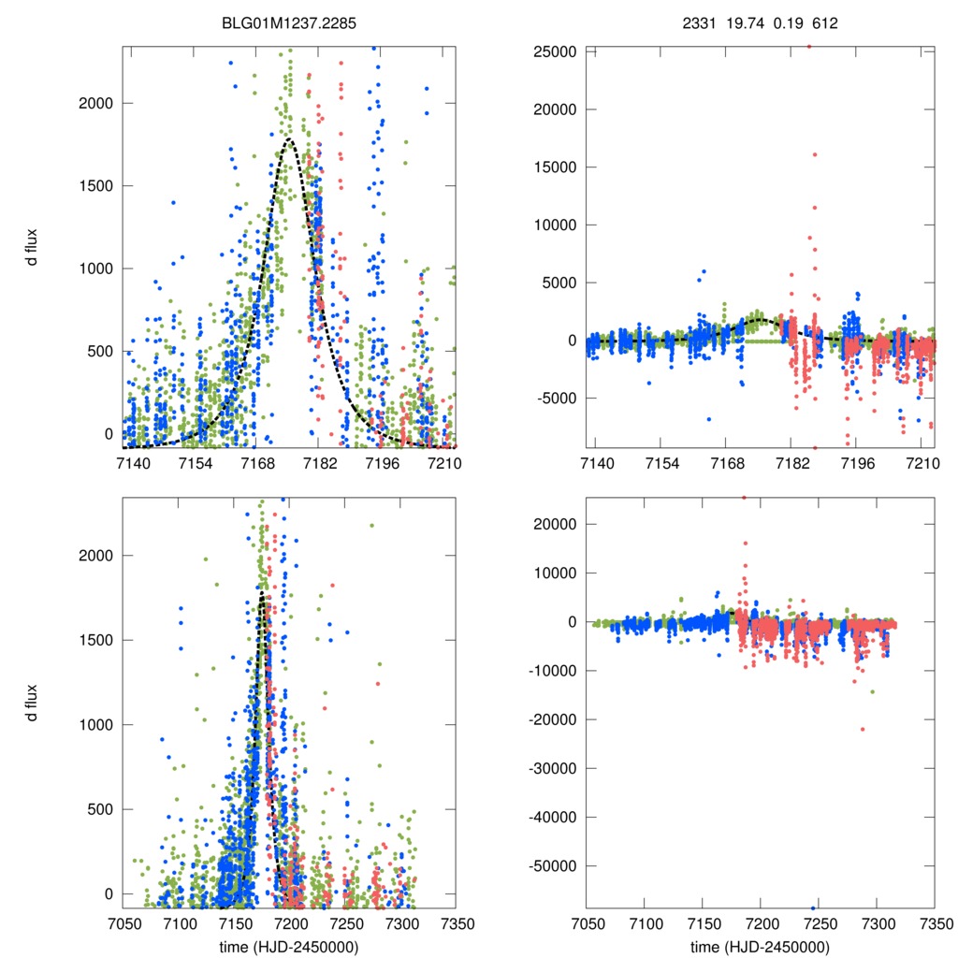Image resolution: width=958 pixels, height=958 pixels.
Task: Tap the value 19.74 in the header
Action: [742, 22]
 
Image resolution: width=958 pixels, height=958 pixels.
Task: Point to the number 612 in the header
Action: [824, 22]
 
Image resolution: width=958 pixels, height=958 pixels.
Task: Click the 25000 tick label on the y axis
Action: [554, 51]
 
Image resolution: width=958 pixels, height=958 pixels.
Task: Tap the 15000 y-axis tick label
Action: [554, 167]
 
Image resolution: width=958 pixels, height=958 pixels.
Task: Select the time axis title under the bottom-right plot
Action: [760, 946]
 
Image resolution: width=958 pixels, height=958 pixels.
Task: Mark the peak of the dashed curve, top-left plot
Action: [290, 140]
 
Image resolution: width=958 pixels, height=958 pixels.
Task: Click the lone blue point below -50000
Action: [813, 907]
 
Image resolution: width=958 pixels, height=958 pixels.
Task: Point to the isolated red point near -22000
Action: [863, 729]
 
